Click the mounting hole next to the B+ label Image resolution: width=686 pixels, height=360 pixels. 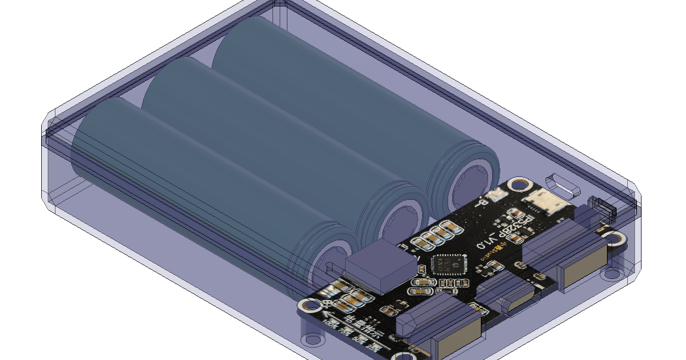pos(306,304)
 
